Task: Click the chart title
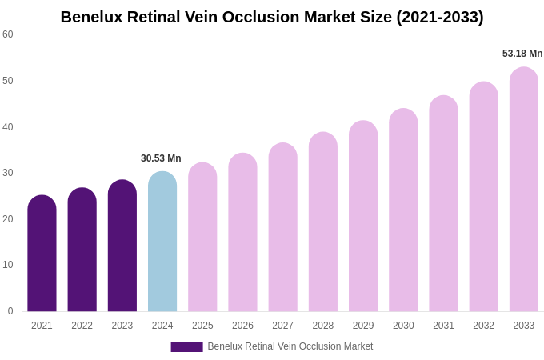tap(272, 17)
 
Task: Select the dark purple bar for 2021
tap(42, 254)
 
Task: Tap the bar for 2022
tap(82, 250)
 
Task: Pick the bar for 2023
tap(122, 246)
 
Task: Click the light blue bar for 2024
tap(162, 242)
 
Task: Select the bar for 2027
tap(282, 227)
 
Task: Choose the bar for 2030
tap(403, 210)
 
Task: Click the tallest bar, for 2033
tap(524, 190)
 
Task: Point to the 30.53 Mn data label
tap(161, 158)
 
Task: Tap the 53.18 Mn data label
tap(522, 54)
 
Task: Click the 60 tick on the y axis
tap(8, 34)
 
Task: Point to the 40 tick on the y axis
tap(8, 127)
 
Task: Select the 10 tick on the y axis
tap(8, 265)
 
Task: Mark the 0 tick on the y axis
tap(10, 311)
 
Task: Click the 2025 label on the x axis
tap(202, 326)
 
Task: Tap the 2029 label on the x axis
tap(363, 326)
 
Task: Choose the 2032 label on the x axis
tap(483, 326)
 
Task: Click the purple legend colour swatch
tap(186, 347)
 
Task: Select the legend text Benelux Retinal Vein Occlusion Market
tap(290, 346)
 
